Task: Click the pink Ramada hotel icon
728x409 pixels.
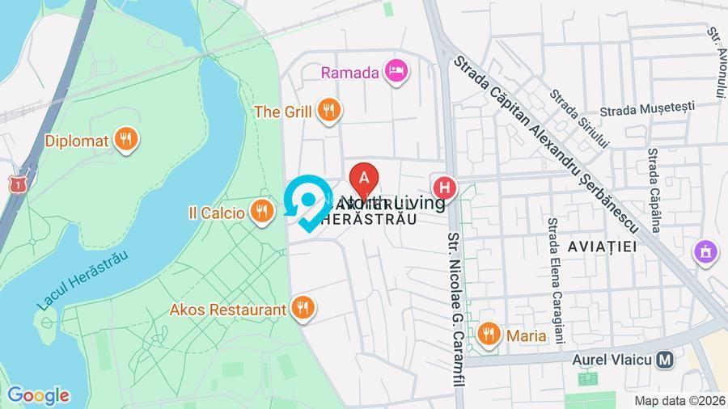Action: point(396,72)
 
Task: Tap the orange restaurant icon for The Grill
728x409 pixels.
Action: point(328,111)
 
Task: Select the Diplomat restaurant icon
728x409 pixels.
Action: point(125,140)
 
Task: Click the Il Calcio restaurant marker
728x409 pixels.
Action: point(260,213)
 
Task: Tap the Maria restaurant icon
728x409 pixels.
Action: point(488,335)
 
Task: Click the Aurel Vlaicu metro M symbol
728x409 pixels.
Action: point(666,360)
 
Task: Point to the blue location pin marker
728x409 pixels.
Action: point(308,200)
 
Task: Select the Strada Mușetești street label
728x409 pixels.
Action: point(647,108)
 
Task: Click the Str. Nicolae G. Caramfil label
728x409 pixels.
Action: point(455,307)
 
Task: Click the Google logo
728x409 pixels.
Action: point(38,395)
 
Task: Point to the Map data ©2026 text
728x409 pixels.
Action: point(679,400)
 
